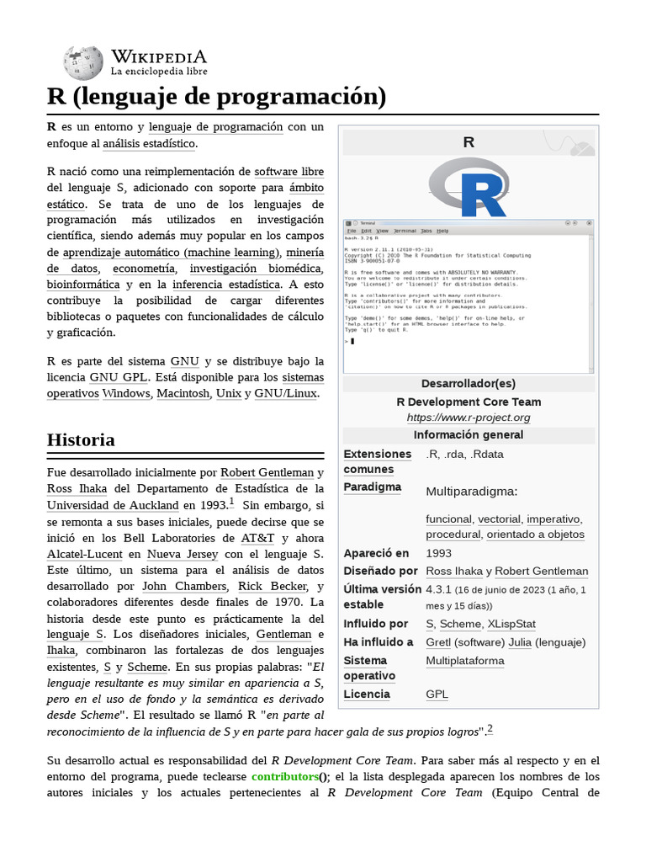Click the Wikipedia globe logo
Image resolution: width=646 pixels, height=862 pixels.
pyautogui.click(x=83, y=62)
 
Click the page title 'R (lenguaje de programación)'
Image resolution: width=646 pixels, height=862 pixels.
pyautogui.click(x=217, y=97)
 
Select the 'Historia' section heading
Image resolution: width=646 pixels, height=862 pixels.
pyautogui.click(x=81, y=440)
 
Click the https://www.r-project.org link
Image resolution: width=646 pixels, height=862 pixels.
pyautogui.click(x=469, y=418)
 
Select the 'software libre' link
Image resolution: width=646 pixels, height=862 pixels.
pyautogui.click(x=289, y=172)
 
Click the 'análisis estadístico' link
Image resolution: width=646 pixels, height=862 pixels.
pyautogui.click(x=149, y=144)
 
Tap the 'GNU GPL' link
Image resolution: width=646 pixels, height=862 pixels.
pyautogui.click(x=119, y=377)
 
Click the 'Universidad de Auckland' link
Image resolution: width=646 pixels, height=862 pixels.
pyautogui.click(x=114, y=505)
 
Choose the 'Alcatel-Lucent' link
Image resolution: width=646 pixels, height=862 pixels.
pyautogui.click(x=83, y=554)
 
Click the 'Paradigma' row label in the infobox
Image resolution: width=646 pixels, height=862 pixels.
pyautogui.click(x=372, y=487)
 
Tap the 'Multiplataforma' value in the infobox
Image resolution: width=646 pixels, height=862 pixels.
pyautogui.click(x=465, y=661)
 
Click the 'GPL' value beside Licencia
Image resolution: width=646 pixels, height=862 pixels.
pyautogui.click(x=437, y=694)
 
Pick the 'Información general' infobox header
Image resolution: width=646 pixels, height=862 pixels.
pyautogui.click(x=469, y=435)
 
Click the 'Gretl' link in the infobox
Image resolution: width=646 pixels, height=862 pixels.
pyautogui.click(x=440, y=642)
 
